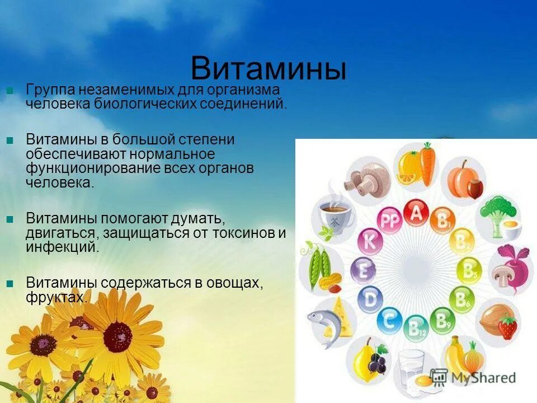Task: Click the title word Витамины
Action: tap(268, 69)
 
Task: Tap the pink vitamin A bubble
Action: tap(416, 213)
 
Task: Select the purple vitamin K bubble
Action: tap(369, 242)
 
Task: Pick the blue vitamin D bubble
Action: tap(370, 299)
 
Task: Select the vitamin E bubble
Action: tap(363, 271)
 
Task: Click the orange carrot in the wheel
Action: tap(427, 163)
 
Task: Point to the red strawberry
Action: tap(507, 327)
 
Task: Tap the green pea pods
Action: tap(316, 263)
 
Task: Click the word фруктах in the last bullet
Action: tap(56, 298)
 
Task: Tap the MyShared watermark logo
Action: tap(473, 377)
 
